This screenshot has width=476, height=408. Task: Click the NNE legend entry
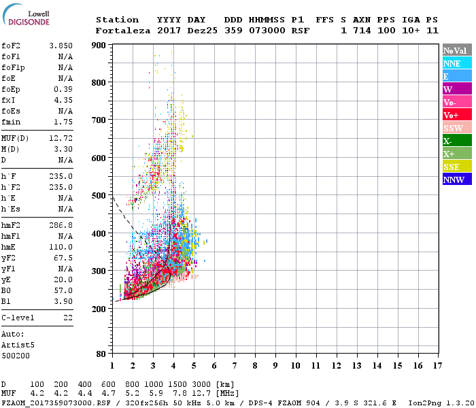pos(456,63)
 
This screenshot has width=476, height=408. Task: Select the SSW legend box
pos(456,128)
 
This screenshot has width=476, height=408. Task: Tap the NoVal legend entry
pos(456,50)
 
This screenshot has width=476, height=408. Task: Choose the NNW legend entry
pos(456,180)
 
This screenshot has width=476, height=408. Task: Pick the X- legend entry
pos(456,141)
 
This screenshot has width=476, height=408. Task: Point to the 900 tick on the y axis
pos(99,46)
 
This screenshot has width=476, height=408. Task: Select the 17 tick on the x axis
pos(437,365)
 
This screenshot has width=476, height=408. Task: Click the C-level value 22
pos(68,317)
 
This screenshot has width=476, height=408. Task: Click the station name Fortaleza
pos(123,31)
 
